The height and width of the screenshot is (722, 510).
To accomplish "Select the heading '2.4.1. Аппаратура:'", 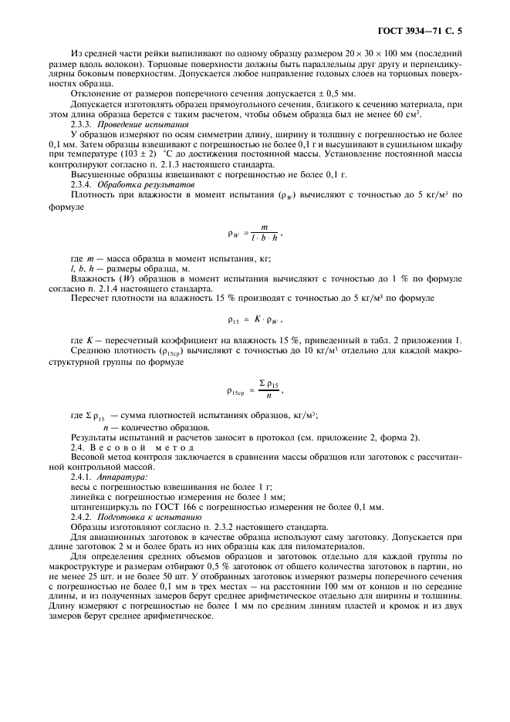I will click(109, 477).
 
